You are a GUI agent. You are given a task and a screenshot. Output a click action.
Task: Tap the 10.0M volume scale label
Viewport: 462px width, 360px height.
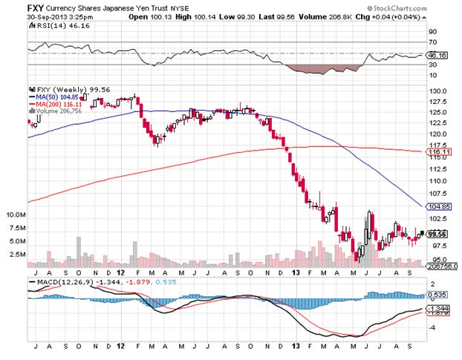pos(17,214)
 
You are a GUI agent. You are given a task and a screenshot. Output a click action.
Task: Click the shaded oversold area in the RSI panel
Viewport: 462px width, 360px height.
pos(312,69)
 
